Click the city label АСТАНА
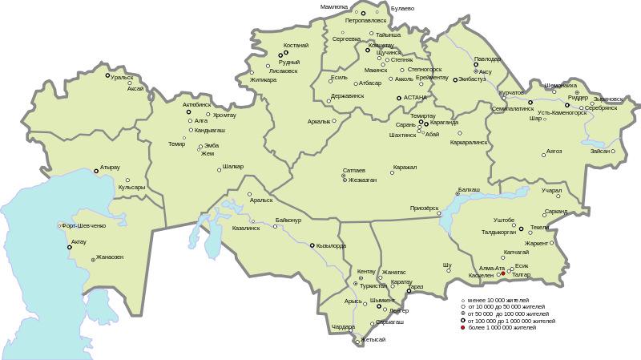coord(416,98)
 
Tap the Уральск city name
coord(123,78)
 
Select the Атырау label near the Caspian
coord(110,168)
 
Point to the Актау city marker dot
coord(70,247)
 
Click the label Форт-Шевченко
coord(84,225)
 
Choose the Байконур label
coord(288,219)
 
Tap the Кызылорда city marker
coord(312,245)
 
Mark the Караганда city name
coord(444,123)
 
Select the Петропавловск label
coord(366,20)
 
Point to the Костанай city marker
coord(285,54)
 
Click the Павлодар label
coord(487,59)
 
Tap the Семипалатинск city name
coord(513,108)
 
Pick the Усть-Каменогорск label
coord(562,112)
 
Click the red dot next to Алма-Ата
coord(503,274)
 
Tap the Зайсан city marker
coord(613,151)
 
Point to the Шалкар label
coord(233,167)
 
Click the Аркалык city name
coord(319,121)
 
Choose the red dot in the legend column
coord(462,327)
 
